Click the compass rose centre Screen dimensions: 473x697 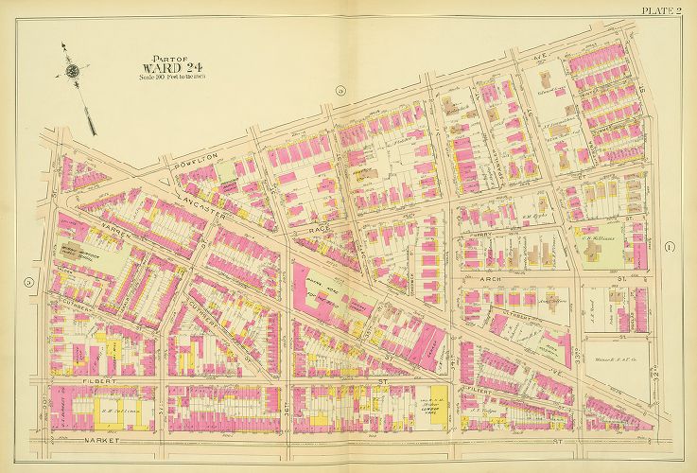pyautogui.click(x=73, y=67)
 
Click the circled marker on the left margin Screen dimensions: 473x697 pyautogui.click(x=29, y=281)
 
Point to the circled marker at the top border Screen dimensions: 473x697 pyautogui.click(x=340, y=90)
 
